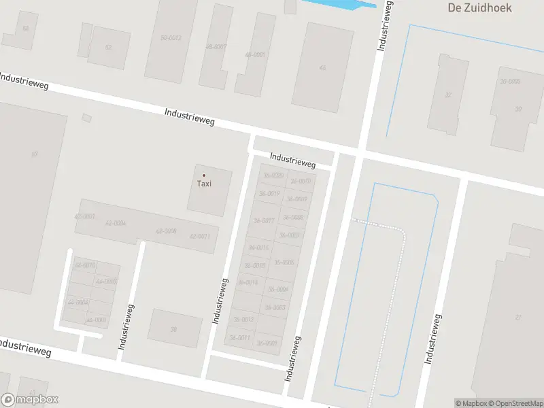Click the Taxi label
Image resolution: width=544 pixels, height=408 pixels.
pos(204,184)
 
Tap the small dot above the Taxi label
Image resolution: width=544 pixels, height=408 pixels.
pos(204,175)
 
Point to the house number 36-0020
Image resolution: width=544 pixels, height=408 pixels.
pos(273,176)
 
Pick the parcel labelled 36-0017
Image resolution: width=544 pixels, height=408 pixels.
pos(263,220)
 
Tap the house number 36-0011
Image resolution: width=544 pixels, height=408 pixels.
pos(240,337)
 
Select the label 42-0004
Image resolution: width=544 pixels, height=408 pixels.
pos(116,222)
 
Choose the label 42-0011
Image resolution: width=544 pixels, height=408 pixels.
pos(199,236)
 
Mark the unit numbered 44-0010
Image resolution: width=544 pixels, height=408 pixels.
pos(85,265)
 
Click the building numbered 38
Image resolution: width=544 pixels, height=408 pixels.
pos(173,329)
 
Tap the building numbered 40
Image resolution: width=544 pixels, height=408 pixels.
pos(322,67)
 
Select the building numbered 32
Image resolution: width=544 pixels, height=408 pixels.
pos(447,95)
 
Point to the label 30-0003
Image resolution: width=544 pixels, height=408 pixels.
pos(510,81)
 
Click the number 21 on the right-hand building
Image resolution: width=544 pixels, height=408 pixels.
pos(518,318)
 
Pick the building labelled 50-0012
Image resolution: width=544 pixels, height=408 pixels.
pos(171,38)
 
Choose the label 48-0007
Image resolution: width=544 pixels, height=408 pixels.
pos(216,46)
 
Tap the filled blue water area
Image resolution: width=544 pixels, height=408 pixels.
pos(340,5)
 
